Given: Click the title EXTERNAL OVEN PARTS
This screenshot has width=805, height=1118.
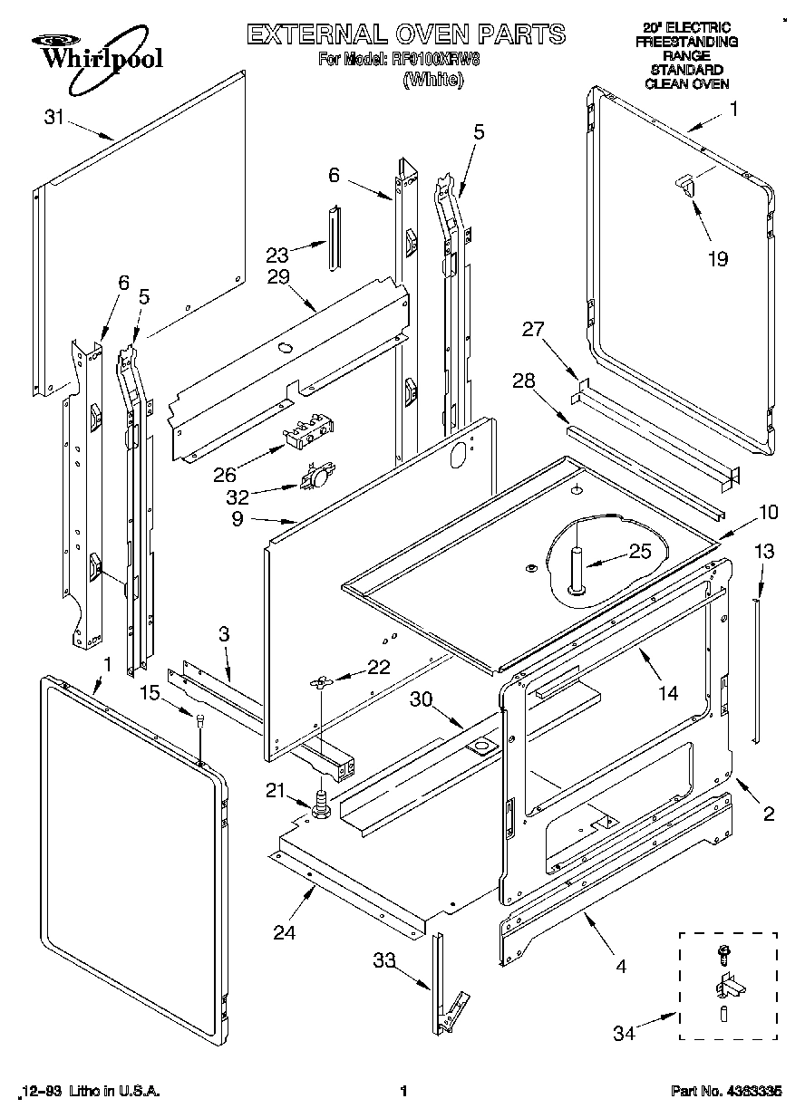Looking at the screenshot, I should [x=406, y=35].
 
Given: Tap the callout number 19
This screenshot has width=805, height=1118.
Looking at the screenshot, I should [x=717, y=259].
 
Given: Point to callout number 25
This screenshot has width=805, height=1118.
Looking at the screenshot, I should [x=640, y=551].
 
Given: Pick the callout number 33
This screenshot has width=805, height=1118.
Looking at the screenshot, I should [x=385, y=961].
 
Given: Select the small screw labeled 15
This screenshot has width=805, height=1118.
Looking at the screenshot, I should [x=199, y=720].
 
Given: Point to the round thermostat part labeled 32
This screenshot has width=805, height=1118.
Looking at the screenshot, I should [x=318, y=475].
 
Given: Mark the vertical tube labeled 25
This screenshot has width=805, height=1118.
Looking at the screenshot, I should [x=576, y=570].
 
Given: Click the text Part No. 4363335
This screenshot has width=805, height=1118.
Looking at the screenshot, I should [x=726, y=1092].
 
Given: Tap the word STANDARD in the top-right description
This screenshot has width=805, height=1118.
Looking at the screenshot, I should [x=686, y=70].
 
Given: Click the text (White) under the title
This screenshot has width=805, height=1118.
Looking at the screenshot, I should [x=432, y=80].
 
